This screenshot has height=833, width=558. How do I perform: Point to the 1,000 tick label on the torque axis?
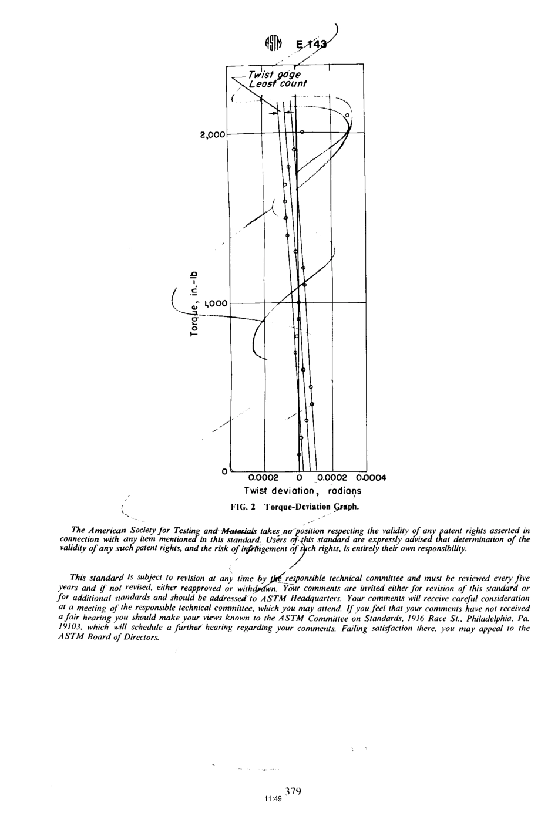click(x=216, y=304)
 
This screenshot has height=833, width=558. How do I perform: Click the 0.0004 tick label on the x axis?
click(x=370, y=477)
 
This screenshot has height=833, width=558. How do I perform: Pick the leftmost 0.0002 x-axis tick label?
click(x=263, y=477)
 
